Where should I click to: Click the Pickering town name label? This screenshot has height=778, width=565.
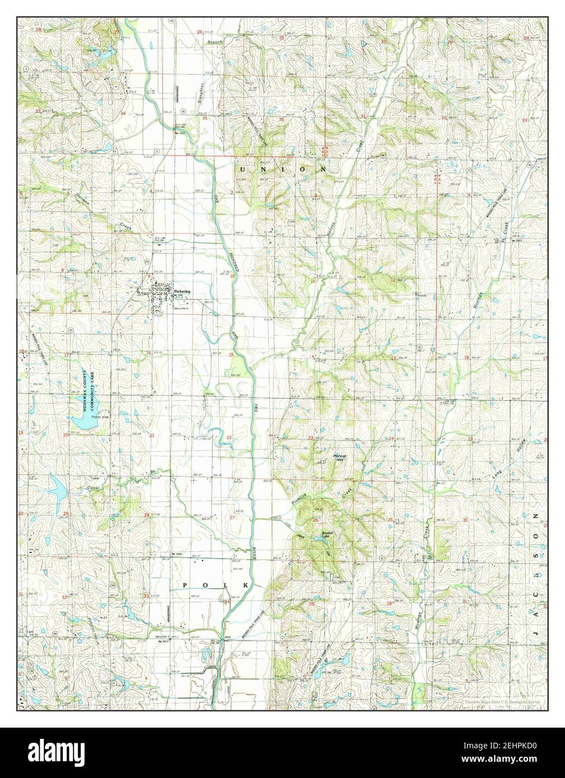point(182,292)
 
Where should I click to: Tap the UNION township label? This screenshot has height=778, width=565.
point(283,168)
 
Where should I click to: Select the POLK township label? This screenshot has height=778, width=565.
point(215,585)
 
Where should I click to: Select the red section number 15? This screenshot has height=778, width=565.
point(231,355)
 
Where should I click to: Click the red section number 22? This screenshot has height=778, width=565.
point(229,437)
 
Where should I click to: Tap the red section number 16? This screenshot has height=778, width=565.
point(148,353)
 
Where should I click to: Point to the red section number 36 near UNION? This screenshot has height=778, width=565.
point(281,119)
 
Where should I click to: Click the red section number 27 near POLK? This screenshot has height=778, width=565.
point(232,517)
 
